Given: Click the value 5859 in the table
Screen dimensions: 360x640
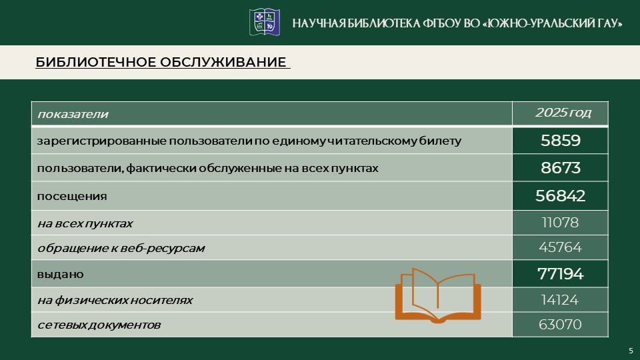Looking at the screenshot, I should click(560, 141).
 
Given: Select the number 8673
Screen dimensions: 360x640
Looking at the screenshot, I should click(560, 168).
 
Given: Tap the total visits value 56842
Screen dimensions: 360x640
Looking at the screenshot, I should click(560, 195).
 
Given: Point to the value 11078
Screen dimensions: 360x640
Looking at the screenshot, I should click(560, 223).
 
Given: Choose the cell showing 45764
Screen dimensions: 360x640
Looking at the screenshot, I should click(560, 247).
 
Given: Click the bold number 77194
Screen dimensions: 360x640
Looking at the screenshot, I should click(560, 273).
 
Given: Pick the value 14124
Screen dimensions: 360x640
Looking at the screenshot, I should click(560, 300).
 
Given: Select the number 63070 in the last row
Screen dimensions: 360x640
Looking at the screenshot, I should click(560, 325).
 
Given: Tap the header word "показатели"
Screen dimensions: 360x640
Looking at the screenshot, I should click(73, 114).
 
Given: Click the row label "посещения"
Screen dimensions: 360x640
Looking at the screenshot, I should click(72, 197).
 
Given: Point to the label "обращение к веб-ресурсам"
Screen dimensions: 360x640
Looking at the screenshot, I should click(121, 248).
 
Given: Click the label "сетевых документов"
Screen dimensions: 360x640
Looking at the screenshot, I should click(99, 325).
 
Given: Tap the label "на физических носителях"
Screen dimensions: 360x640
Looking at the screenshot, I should click(115, 300).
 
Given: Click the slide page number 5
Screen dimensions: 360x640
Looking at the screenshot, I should click(631, 351).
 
